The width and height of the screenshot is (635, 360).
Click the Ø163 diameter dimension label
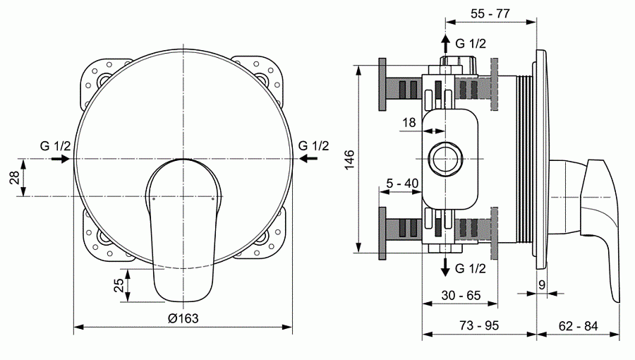pos(183,318)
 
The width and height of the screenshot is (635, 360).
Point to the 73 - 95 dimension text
pos(480,326)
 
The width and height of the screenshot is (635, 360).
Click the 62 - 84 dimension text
pos(579,326)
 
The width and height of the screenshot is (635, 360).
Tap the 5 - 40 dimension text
pos(403,183)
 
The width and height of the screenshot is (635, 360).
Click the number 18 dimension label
pos(409,122)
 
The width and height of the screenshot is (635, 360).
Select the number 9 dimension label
pos(542,284)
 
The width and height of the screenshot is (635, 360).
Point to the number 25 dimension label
pos(119,285)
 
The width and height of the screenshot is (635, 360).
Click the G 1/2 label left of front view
pos(55,146)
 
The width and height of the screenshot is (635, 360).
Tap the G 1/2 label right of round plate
pos(313,146)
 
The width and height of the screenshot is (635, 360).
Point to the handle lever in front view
pos(183,233)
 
